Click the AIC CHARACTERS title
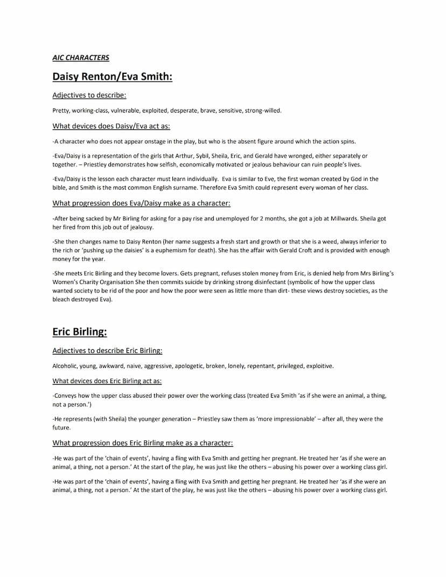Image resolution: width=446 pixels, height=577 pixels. (81, 58)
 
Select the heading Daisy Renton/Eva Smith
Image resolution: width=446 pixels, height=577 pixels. (112, 77)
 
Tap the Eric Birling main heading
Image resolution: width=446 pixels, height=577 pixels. (79, 332)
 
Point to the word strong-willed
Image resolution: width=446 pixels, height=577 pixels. (263, 110)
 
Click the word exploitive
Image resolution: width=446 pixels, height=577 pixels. (320, 366)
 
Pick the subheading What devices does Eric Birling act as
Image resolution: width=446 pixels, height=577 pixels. (107, 381)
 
